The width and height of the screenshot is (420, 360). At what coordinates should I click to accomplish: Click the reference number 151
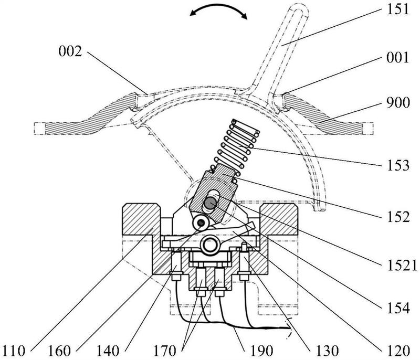coord(398,9)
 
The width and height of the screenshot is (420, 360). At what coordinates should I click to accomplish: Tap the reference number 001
coord(398,58)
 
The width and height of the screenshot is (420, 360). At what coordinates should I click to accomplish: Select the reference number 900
coord(398,102)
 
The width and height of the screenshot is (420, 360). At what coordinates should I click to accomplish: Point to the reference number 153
coord(398,165)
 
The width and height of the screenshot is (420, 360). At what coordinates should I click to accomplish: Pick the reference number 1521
coord(402,266)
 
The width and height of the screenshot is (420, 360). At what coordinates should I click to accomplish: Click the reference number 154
coord(398,308)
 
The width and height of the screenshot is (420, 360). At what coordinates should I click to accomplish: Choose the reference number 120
coord(398,351)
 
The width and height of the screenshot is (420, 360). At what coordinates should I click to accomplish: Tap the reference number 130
coord(327,351)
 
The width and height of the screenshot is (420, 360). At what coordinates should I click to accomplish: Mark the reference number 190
coord(261,351)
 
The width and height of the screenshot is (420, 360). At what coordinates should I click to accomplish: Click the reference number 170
coord(164,351)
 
